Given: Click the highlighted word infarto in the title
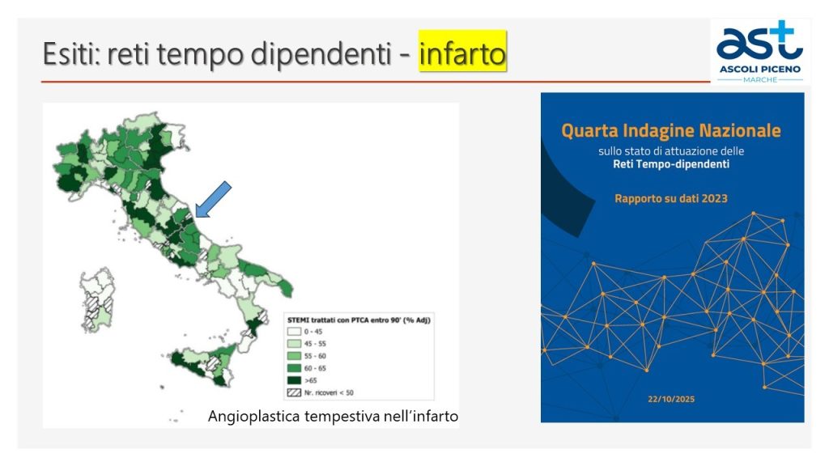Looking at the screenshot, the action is click(462, 53).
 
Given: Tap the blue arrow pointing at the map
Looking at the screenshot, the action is click(213, 199).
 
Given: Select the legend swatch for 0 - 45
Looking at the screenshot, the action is click(294, 332).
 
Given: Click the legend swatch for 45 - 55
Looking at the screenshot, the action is click(294, 344).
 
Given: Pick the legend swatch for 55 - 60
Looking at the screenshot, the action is click(294, 356).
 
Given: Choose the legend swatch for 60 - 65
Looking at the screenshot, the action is click(294, 368).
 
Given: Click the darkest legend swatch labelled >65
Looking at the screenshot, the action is click(294, 380).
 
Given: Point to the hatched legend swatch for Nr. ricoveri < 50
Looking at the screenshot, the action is click(294, 392).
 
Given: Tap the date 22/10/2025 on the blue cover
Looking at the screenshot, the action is click(671, 399).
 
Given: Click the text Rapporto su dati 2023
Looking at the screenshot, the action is click(671, 199).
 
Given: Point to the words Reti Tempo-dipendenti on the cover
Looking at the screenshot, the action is click(671, 164).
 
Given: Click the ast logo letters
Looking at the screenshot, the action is click(759, 42).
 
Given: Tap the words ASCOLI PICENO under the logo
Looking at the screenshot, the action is click(759, 70).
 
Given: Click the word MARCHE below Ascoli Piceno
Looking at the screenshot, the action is click(760, 80).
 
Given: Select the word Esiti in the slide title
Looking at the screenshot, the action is click(70, 53).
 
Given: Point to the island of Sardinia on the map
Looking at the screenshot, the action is click(97, 299).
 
